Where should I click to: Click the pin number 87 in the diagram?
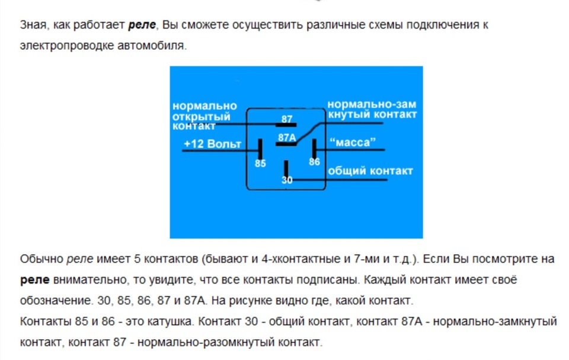tap(287, 119)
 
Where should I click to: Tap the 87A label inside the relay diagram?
tap(286, 138)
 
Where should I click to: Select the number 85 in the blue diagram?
tap(260, 163)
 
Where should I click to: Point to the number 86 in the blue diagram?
tap(314, 161)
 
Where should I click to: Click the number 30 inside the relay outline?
tap(287, 181)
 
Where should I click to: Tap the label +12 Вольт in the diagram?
tap(213, 144)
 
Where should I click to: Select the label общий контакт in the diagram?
tap(370, 171)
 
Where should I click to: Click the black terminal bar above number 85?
tap(260, 148)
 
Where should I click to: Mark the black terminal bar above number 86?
tap(315, 148)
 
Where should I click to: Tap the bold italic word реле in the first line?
tap(142, 26)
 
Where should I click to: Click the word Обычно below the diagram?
tap(41, 259)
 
